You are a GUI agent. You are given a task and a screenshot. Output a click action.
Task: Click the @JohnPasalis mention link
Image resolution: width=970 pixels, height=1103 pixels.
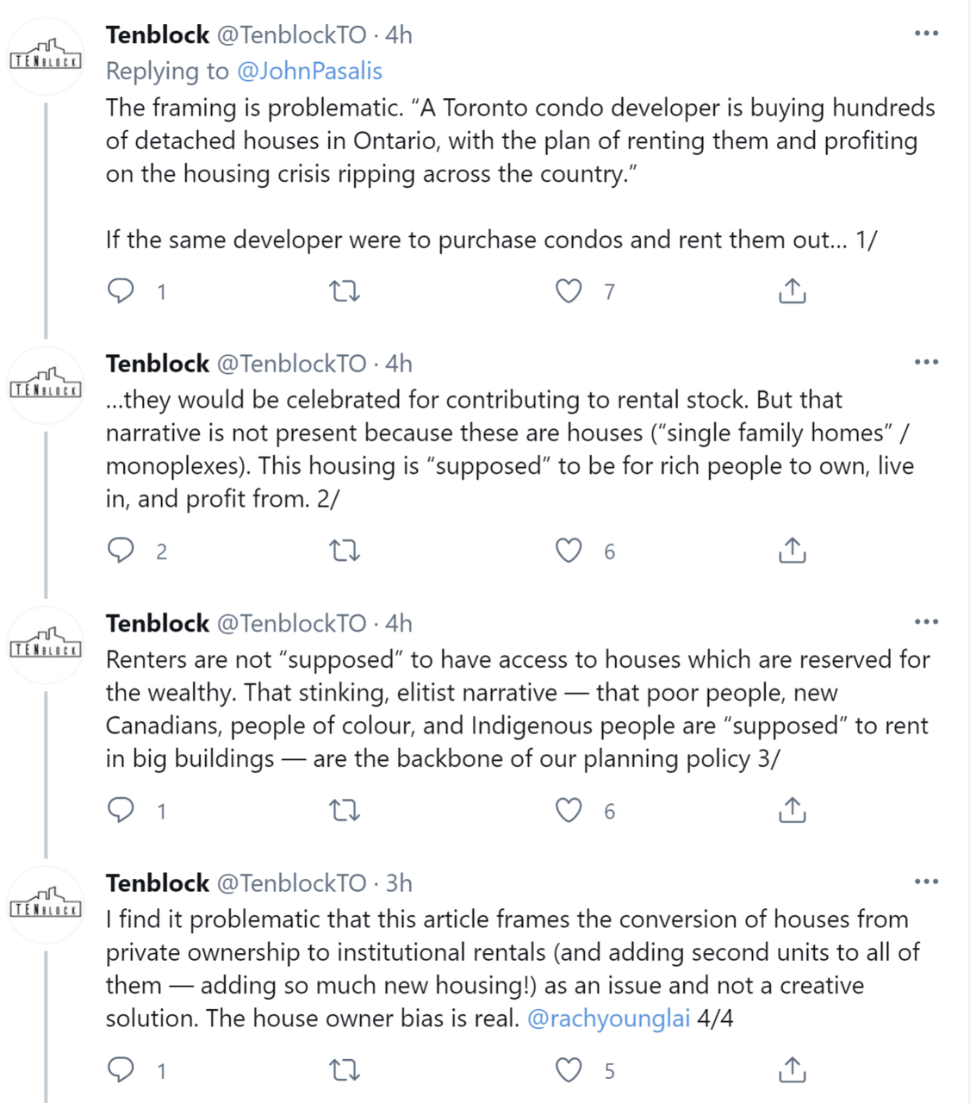pyautogui.click(x=308, y=71)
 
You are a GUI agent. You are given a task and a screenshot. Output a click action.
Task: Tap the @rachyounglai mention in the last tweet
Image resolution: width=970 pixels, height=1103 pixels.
pyautogui.click(x=608, y=1018)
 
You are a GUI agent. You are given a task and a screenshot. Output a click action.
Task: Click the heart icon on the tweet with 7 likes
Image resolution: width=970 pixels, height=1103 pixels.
pyautogui.click(x=569, y=291)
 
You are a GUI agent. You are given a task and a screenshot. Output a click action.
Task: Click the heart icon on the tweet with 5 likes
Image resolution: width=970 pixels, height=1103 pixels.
pyautogui.click(x=569, y=1070)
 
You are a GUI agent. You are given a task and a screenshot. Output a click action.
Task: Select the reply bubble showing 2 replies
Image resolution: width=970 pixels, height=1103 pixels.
pyautogui.click(x=121, y=551)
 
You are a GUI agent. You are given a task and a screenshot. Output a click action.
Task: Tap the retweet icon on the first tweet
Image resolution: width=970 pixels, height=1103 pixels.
pyautogui.click(x=345, y=291)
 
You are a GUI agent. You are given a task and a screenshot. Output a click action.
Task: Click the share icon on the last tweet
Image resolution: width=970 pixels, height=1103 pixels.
pyautogui.click(x=792, y=1070)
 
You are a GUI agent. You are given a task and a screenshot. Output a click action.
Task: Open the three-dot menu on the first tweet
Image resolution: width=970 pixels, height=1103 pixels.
pyautogui.click(x=926, y=34)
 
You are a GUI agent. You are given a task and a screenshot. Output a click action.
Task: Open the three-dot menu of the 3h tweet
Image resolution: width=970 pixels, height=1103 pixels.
pyautogui.click(x=926, y=882)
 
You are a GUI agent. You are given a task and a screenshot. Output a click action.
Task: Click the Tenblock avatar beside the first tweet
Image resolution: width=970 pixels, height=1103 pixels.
pyautogui.click(x=46, y=57)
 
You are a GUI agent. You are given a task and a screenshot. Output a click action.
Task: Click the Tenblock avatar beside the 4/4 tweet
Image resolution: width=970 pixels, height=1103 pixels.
pyautogui.click(x=46, y=905)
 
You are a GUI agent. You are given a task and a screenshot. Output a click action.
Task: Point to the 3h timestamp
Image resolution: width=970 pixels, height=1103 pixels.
pyautogui.click(x=399, y=883)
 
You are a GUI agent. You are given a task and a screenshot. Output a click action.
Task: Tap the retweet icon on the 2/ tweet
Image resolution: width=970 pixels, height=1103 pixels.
pyautogui.click(x=345, y=551)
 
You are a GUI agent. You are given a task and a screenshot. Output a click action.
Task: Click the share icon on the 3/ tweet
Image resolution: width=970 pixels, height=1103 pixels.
pyautogui.click(x=792, y=810)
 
